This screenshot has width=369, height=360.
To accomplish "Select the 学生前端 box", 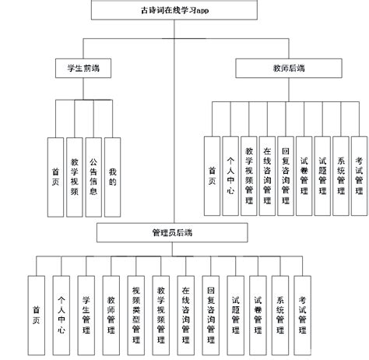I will (x=83, y=69).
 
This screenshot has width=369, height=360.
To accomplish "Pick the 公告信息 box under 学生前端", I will (x=93, y=176).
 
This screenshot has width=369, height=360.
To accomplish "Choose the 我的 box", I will (x=113, y=176).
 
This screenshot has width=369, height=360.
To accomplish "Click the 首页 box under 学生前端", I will (x=54, y=176).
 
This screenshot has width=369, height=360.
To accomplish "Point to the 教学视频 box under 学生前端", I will (x=74, y=176).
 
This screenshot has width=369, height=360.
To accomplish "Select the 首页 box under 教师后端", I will (x=213, y=176).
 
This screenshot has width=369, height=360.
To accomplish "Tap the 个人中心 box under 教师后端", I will (x=230, y=176).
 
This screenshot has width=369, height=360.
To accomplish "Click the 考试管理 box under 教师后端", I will (x=358, y=176).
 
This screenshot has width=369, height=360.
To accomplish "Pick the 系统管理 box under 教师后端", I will (x=340, y=176).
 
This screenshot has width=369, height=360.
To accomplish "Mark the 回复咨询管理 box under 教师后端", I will (x=286, y=176).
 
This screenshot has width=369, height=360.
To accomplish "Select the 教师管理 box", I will (x=111, y=309).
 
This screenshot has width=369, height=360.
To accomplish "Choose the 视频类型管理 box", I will (x=136, y=309).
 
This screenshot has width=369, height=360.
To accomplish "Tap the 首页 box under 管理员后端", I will (x=36, y=309).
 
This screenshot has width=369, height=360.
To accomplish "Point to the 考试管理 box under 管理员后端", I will (x=304, y=309).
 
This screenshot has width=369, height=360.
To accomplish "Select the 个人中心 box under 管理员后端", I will (x=61, y=309).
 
